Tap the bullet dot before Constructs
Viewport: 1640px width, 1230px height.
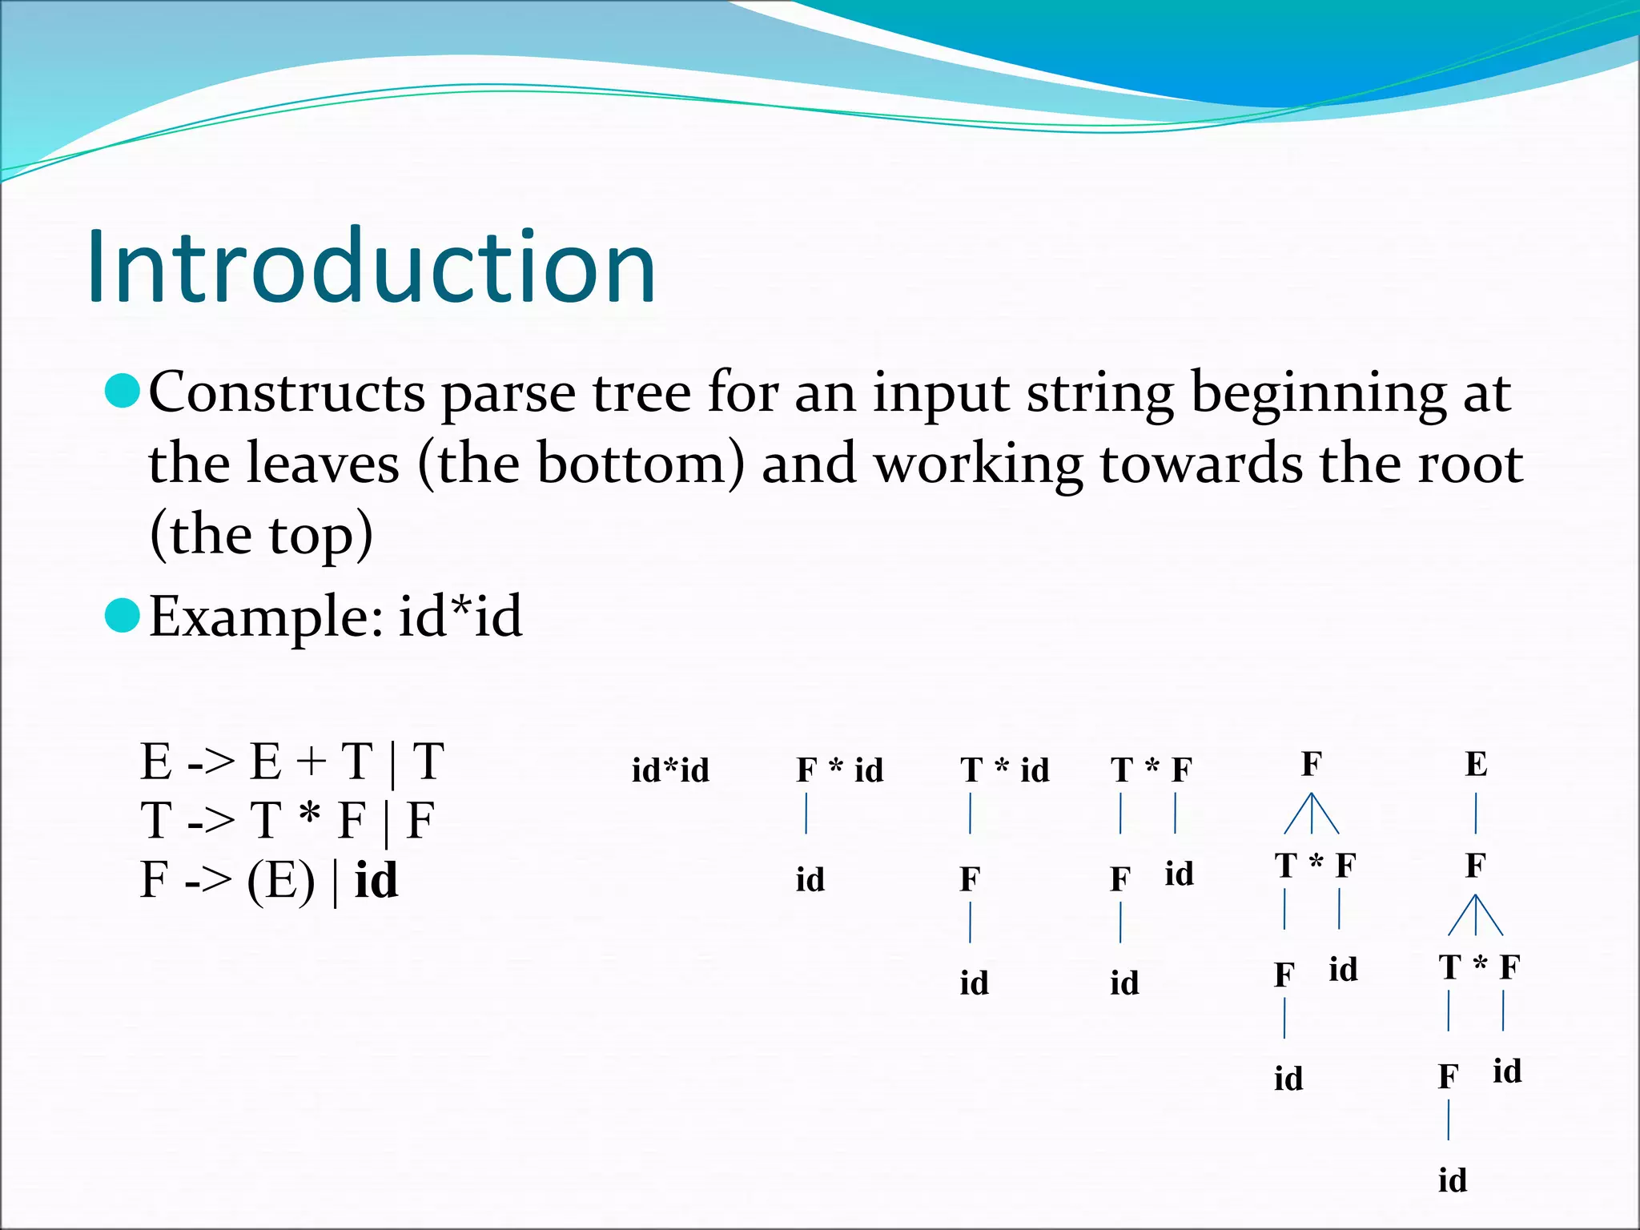(x=123, y=391)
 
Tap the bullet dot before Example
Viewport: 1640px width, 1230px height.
(x=123, y=615)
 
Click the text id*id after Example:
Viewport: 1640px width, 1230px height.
(x=460, y=617)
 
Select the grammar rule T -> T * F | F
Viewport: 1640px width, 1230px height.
(x=287, y=821)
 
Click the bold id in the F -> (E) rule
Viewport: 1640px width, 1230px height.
(x=376, y=881)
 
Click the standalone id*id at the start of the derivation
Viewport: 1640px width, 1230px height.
(x=670, y=770)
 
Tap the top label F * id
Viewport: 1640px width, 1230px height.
(x=839, y=770)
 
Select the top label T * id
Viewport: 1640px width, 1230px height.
(x=1004, y=770)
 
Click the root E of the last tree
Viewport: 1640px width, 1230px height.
(x=1476, y=765)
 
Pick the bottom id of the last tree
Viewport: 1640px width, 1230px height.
(x=1452, y=1180)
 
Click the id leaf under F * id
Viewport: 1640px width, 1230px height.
(x=810, y=879)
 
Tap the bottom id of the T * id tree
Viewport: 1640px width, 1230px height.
(x=974, y=983)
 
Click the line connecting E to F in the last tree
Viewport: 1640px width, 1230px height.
(x=1476, y=813)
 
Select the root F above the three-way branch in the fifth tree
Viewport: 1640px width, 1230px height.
(x=1311, y=765)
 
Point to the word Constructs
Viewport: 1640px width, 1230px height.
(x=287, y=392)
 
